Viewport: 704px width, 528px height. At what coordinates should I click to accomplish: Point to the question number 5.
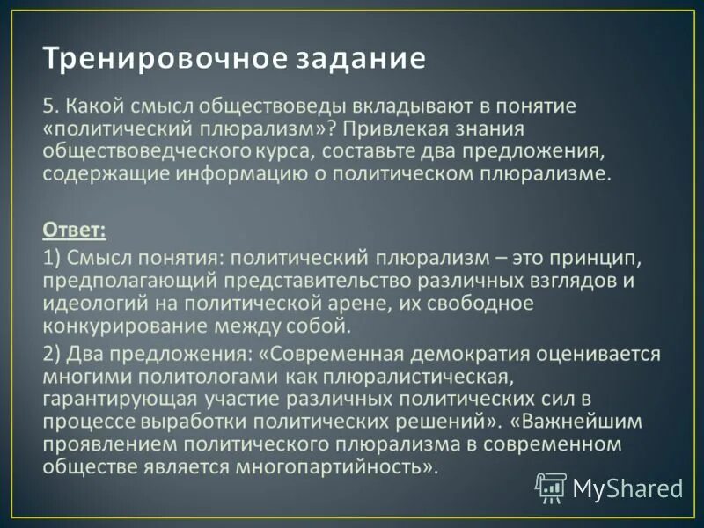pyautogui.click(x=49, y=107)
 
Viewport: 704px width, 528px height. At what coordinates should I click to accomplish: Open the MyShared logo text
pyautogui.click(x=627, y=487)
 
